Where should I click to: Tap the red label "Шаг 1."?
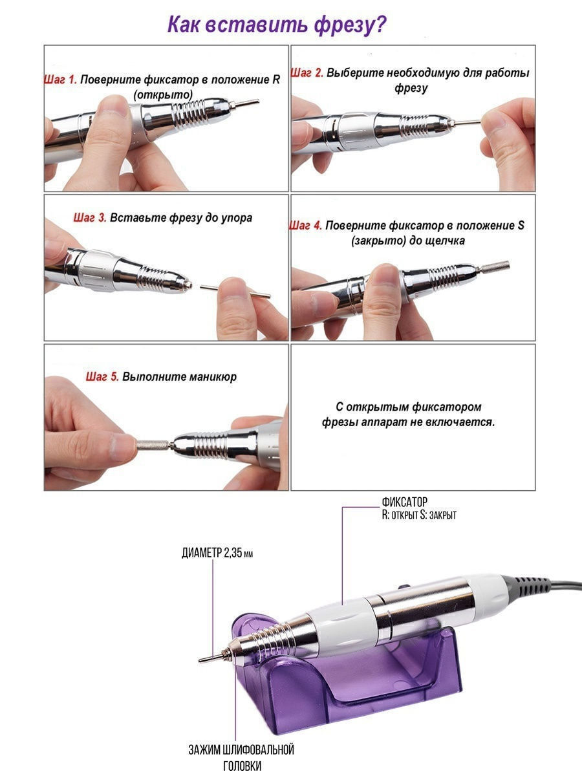coord(60,80)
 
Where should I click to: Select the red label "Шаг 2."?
coord(307,73)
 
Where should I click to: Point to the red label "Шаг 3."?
coord(90,217)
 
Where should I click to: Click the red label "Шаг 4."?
coord(306,225)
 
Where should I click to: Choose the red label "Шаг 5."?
coord(102,376)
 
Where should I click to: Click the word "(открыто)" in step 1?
coord(163,95)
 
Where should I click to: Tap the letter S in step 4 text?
coord(521,225)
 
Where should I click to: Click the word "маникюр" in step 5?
coord(213,377)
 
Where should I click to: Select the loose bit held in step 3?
coord(235,291)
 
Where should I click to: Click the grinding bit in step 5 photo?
coord(154,444)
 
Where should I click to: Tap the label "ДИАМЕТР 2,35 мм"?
coord(217,553)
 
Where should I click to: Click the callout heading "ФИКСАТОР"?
coord(404,502)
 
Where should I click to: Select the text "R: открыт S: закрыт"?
coord(419,515)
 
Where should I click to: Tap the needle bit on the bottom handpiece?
coord(212,658)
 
